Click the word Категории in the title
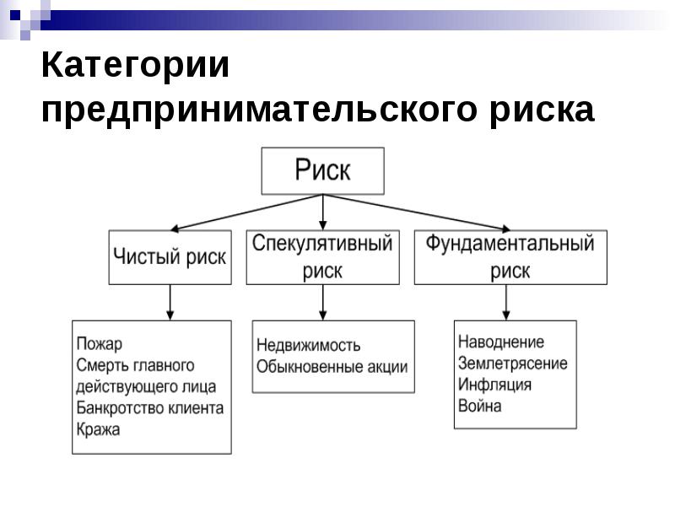pyautogui.click(x=135, y=67)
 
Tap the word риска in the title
pyautogui.click(x=540, y=111)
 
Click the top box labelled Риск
pyautogui.click(x=322, y=171)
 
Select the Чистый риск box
pyautogui.click(x=170, y=257)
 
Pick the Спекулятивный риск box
pyautogui.click(x=323, y=257)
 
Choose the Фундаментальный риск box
pyautogui.click(x=510, y=257)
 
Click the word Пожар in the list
pyautogui.click(x=99, y=344)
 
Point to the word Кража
pyautogui.click(x=98, y=429)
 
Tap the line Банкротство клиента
pyautogui.click(x=149, y=408)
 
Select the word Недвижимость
pyautogui.click(x=308, y=346)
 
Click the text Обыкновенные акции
pyautogui.click(x=332, y=367)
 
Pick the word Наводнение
pyautogui.click(x=500, y=342)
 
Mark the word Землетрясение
pyautogui.click(x=512, y=363)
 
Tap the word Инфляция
pyautogui.click(x=494, y=385)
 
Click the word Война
pyautogui.click(x=479, y=406)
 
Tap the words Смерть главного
pyautogui.click(x=135, y=365)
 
